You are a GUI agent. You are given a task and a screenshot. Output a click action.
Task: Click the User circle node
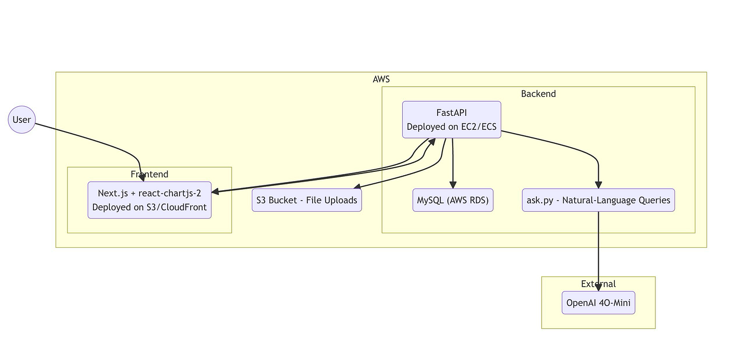pos(22,120)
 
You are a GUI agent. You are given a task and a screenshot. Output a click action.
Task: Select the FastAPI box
pos(452,120)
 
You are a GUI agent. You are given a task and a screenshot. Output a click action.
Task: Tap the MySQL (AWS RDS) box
pos(453,200)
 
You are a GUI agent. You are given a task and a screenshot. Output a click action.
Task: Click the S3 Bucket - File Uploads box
pos(307,200)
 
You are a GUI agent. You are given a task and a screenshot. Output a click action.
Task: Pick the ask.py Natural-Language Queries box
pos(598,200)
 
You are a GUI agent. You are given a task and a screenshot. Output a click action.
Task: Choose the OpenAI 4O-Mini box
pos(598,303)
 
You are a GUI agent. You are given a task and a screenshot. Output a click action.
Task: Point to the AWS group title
pos(381,79)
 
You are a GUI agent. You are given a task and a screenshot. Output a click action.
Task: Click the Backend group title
pos(538,94)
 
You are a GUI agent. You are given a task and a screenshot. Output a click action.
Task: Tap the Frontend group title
pos(149,174)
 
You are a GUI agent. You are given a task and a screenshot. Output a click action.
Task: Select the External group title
pos(598,284)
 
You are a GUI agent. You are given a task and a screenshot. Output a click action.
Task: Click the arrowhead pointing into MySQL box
pos(453,185)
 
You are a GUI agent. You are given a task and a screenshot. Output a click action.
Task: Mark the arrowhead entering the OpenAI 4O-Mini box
pos(598,288)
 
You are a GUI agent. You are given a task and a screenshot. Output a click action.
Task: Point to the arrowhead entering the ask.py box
pos(598,185)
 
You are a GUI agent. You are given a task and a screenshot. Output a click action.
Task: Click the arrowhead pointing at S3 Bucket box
pos(357,187)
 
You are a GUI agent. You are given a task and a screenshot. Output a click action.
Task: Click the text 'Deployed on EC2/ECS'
pos(452,127)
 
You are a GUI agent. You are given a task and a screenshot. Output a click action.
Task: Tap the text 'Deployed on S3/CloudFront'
pos(149,207)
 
